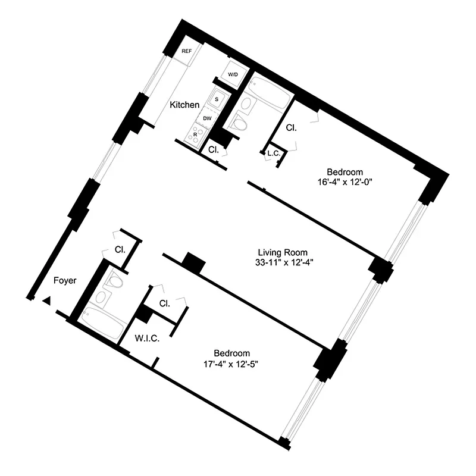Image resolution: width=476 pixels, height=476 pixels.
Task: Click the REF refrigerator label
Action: [186, 52]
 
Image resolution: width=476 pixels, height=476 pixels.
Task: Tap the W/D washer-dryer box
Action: [233, 74]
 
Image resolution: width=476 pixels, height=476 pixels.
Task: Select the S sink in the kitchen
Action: [217, 99]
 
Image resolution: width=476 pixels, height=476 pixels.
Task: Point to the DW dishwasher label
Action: [207, 118]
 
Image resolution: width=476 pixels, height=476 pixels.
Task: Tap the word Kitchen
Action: [184, 105]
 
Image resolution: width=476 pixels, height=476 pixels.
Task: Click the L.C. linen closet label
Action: [274, 154]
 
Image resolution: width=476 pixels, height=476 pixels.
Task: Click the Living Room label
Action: [283, 252]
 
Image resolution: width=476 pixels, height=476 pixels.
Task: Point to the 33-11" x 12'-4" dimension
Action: [282, 262]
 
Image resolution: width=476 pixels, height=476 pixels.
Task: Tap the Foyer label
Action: [65, 281]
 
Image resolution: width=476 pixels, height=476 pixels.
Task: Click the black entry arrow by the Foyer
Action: [46, 301]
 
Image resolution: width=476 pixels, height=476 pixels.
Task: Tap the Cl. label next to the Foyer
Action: [120, 249]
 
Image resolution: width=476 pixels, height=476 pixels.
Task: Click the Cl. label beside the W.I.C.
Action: [165, 303]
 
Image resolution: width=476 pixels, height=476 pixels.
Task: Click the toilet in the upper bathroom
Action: [240, 123]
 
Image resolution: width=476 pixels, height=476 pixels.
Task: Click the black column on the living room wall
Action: [192, 262]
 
